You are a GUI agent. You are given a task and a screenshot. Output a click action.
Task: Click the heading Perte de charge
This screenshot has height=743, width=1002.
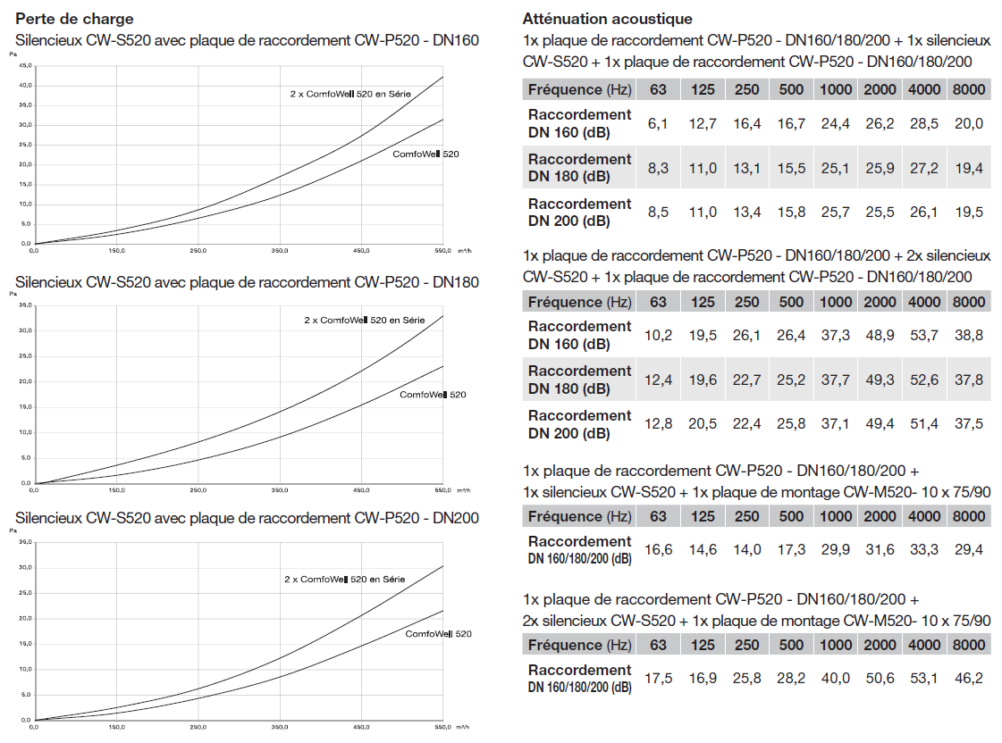click(x=75, y=19)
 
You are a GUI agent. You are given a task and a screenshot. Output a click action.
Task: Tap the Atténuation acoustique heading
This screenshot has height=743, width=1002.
click(x=608, y=19)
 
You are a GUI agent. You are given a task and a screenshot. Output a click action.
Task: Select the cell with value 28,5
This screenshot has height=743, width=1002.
click(x=923, y=123)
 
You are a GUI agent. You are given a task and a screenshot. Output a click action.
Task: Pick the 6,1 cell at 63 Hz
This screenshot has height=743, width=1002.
click(x=658, y=123)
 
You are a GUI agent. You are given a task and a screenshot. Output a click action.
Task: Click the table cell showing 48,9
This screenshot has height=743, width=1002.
click(x=880, y=335)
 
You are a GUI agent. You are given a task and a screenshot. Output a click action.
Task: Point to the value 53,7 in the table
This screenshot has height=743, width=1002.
click(x=923, y=335)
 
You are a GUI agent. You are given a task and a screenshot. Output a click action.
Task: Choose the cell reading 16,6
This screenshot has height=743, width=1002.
click(x=658, y=549)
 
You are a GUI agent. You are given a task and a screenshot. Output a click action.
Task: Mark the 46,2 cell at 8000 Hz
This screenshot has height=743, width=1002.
click(x=968, y=678)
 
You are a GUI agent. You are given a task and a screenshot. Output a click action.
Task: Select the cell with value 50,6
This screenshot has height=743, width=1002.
click(x=880, y=678)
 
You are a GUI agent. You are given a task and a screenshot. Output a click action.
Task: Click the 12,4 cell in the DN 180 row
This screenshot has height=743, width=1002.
click(x=658, y=380)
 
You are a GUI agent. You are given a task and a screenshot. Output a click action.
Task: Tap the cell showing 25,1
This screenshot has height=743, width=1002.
click(x=836, y=168)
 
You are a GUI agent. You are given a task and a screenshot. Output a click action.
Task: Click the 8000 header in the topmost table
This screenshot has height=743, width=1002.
click(x=968, y=89)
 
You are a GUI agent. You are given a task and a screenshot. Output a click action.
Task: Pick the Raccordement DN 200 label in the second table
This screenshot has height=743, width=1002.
click(x=579, y=424)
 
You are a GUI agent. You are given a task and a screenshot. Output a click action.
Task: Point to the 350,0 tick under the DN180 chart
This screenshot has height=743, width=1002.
click(x=281, y=490)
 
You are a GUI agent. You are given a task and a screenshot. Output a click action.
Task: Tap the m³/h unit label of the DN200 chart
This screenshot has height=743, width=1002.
click(x=463, y=727)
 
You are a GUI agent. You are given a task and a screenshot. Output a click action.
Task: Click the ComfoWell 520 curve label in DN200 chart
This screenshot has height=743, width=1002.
click(x=438, y=634)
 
